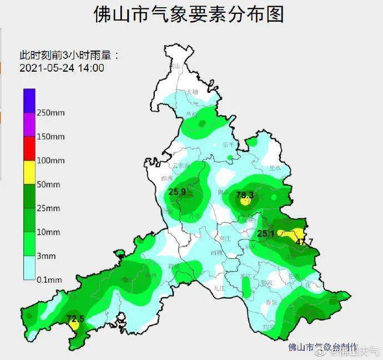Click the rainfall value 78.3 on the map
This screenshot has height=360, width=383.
(x=245, y=195)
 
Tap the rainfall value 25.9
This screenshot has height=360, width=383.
(x=177, y=192)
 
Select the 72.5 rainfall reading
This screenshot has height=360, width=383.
(x=75, y=319)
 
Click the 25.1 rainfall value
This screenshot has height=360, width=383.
(x=266, y=234)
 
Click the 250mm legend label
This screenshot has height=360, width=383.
(x=51, y=113)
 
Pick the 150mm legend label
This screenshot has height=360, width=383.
(x=51, y=137)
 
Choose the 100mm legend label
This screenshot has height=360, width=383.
(x=51, y=161)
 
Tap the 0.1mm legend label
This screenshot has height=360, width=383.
(x=49, y=279)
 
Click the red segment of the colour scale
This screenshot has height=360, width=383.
(x=29, y=148)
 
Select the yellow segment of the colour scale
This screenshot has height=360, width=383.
(x=29, y=172)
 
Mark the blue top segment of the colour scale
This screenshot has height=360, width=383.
(x=29, y=101)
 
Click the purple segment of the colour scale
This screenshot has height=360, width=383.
(x=29, y=124)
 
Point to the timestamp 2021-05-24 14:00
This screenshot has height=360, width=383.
(x=62, y=68)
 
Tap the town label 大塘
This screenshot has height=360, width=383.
(x=193, y=91)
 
